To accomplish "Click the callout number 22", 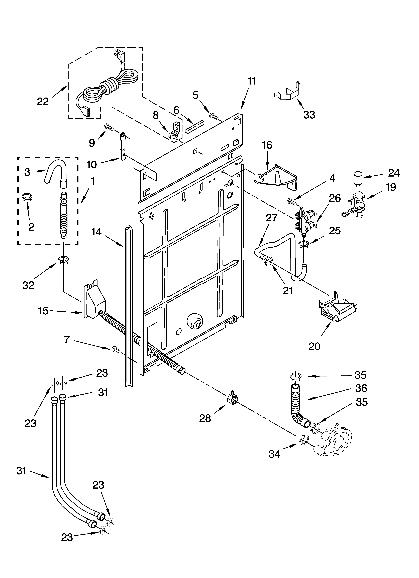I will pos(43,102).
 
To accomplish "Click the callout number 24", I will pos(394,173).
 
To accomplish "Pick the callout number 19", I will pos(391,187).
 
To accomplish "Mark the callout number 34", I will pos(275,454).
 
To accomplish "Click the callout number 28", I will pos(205,418).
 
